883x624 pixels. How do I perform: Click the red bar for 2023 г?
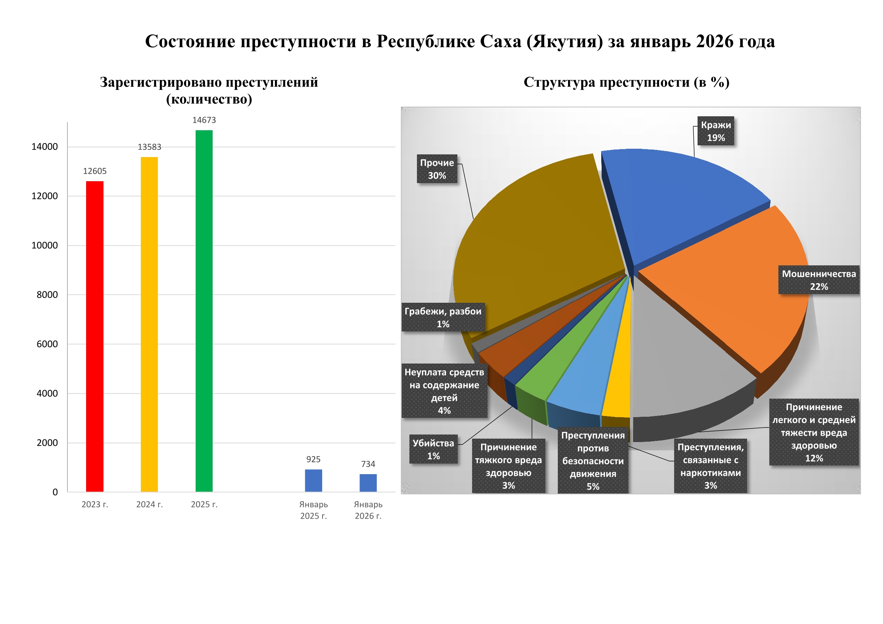coord(94,336)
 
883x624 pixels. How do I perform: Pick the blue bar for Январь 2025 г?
coord(313,480)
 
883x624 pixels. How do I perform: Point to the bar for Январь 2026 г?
coord(368,482)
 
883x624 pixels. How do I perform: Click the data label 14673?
coord(204,120)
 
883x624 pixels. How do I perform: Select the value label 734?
coord(368,464)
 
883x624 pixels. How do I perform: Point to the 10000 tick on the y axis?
coord(45,245)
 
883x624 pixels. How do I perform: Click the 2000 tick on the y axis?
coord(47,442)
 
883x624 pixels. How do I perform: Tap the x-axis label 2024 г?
coord(149,504)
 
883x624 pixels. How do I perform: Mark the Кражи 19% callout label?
coord(716,131)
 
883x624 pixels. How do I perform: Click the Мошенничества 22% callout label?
coord(819,280)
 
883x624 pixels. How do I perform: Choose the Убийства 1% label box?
coord(434,450)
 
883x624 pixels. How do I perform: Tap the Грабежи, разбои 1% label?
coord(443,317)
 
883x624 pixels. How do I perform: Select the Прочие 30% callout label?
coord(437,169)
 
